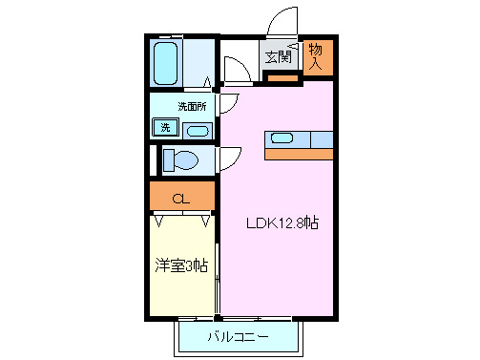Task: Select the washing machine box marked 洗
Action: coord(165,127)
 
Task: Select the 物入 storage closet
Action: coord(318,57)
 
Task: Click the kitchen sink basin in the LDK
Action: coord(282,138)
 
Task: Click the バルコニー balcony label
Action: coord(238,337)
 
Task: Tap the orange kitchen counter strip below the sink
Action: coord(299,154)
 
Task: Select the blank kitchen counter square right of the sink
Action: coord(322,138)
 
